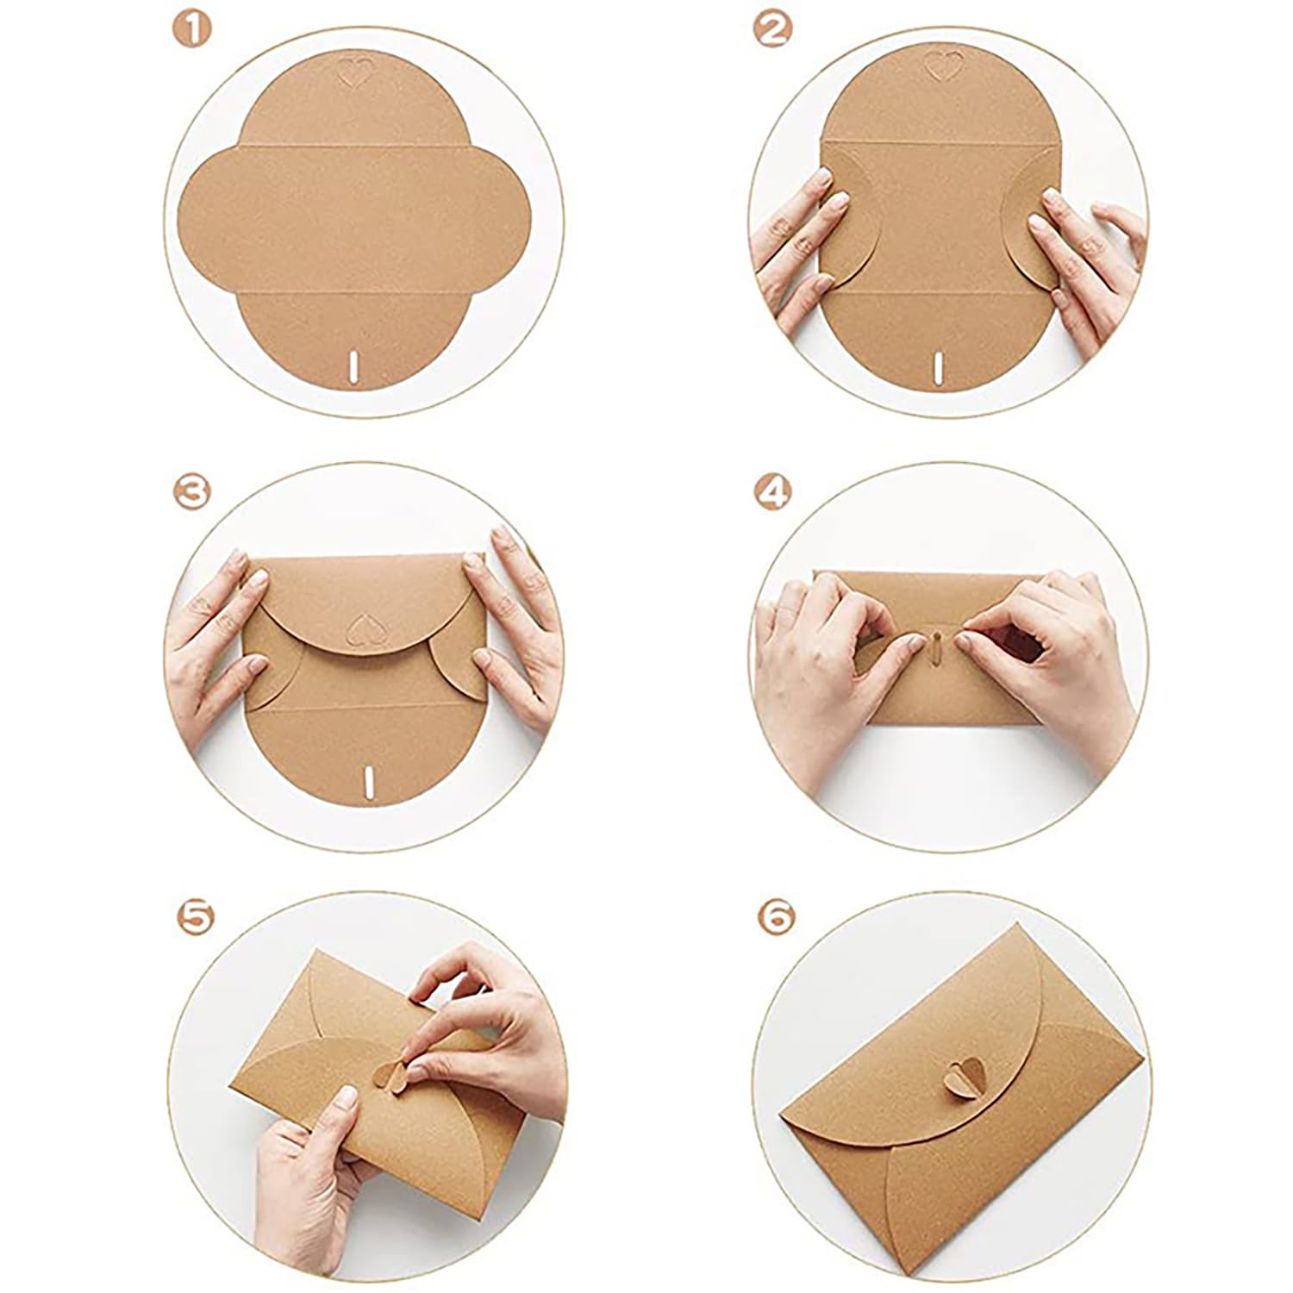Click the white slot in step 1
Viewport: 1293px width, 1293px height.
(353, 365)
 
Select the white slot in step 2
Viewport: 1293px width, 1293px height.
(937, 364)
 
